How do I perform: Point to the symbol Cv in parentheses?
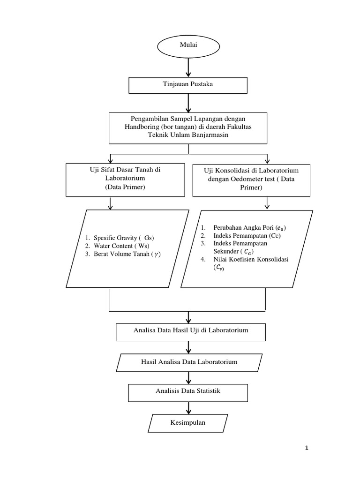[219, 267]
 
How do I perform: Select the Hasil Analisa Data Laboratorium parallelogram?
[189, 362]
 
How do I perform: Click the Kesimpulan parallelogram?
[188, 423]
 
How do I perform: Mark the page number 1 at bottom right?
[307, 448]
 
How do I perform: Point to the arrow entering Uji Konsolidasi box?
[267, 159]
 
